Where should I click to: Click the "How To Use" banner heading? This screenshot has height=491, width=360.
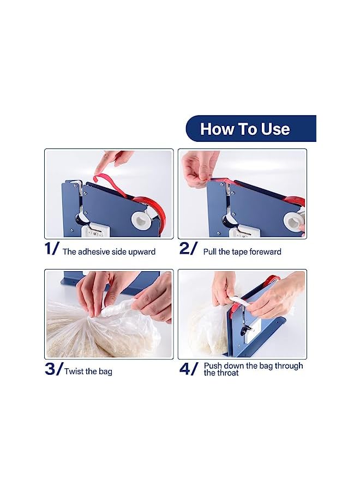pyautogui.click(x=245, y=129)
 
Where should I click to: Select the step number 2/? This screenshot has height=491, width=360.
pyautogui.click(x=188, y=249)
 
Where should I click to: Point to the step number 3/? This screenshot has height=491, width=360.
pyautogui.click(x=53, y=369)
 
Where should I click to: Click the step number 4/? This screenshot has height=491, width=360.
pyautogui.click(x=189, y=369)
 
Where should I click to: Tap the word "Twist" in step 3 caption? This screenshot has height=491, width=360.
pyautogui.click(x=74, y=372)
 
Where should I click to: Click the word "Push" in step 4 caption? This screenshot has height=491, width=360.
pyautogui.click(x=214, y=366)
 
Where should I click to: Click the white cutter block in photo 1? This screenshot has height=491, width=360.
pyautogui.click(x=95, y=231)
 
